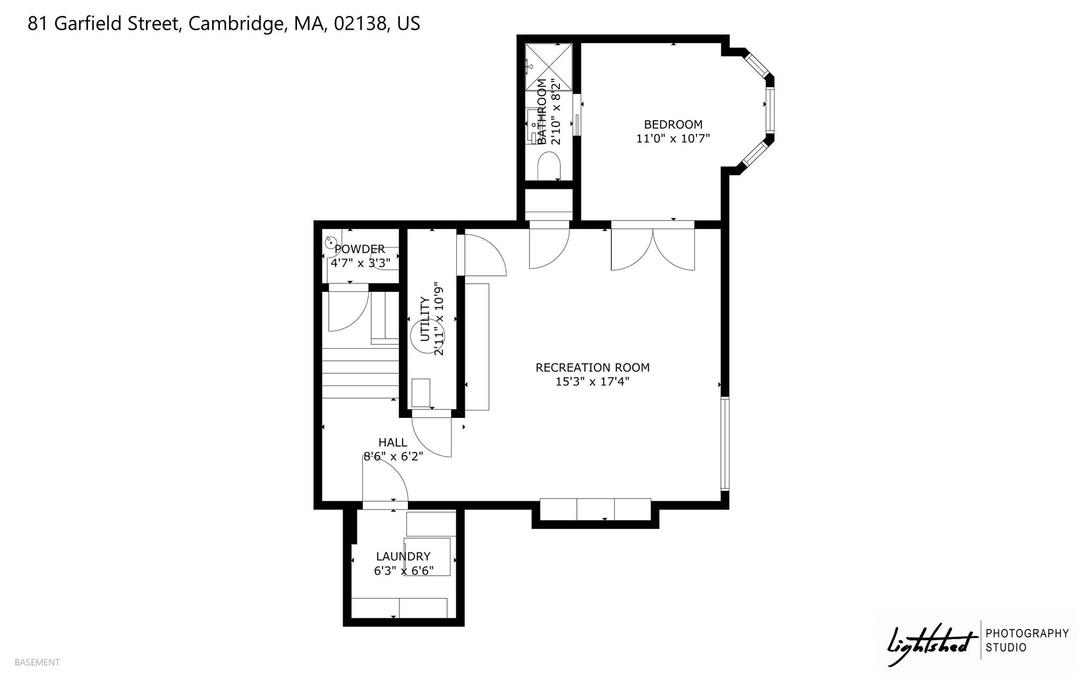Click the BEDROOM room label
click(673, 124)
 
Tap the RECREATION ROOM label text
click(592, 367)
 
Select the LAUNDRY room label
click(403, 557)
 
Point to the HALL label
click(393, 442)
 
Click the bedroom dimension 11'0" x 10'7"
click(673, 139)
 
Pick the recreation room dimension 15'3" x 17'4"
click(592, 381)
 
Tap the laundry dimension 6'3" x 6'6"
click(404, 570)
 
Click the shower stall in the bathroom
click(549, 67)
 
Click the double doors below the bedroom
click(653, 249)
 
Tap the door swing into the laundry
click(385, 478)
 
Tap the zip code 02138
click(360, 23)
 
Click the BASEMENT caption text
click(37, 662)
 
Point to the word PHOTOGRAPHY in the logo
click(1027, 633)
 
